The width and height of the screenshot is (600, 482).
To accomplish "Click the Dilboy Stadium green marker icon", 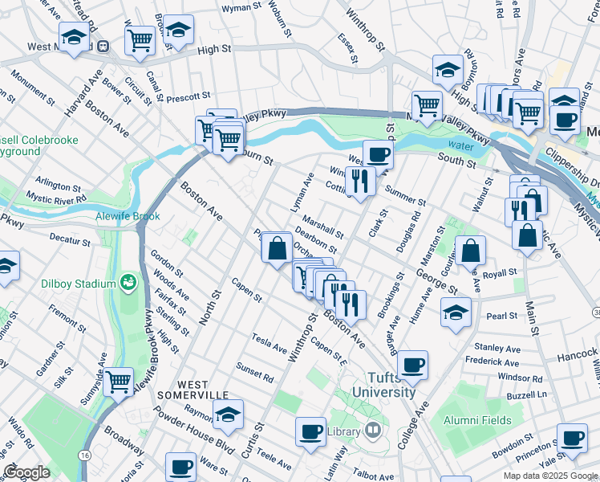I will [x=128, y=282].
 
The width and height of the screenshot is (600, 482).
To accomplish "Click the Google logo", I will [x=26, y=472].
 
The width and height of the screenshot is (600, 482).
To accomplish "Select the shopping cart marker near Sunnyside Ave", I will [x=118, y=382].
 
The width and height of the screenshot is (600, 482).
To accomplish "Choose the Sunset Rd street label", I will [x=255, y=373].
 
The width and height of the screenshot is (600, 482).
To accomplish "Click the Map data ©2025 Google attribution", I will [x=550, y=475].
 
